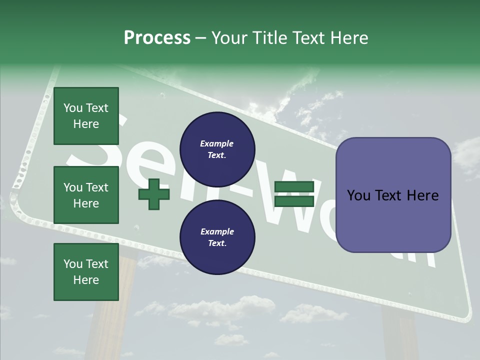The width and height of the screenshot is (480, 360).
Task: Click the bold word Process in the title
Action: click(157, 38)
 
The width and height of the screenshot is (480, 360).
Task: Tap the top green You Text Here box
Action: click(86, 116)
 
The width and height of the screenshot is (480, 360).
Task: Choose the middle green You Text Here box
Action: click(86, 195)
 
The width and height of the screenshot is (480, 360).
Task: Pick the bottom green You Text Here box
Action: click(86, 272)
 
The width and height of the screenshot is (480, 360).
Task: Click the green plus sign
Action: click(154, 194)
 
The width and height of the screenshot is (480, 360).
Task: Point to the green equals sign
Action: click(294, 194)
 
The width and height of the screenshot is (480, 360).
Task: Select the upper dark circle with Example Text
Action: click(217, 149)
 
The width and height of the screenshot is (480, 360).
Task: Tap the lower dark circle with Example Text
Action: click(217, 237)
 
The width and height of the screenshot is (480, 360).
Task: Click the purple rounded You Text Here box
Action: click(393, 195)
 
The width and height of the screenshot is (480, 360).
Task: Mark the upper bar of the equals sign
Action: click(294, 186)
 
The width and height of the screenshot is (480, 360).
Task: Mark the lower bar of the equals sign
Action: click(294, 201)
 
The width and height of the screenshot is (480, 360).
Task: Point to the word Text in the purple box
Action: click(393, 195)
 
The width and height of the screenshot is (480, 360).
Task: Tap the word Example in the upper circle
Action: click(217, 143)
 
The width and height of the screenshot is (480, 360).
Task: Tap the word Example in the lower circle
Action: click(217, 231)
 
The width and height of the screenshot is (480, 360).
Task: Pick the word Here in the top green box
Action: click(86, 124)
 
